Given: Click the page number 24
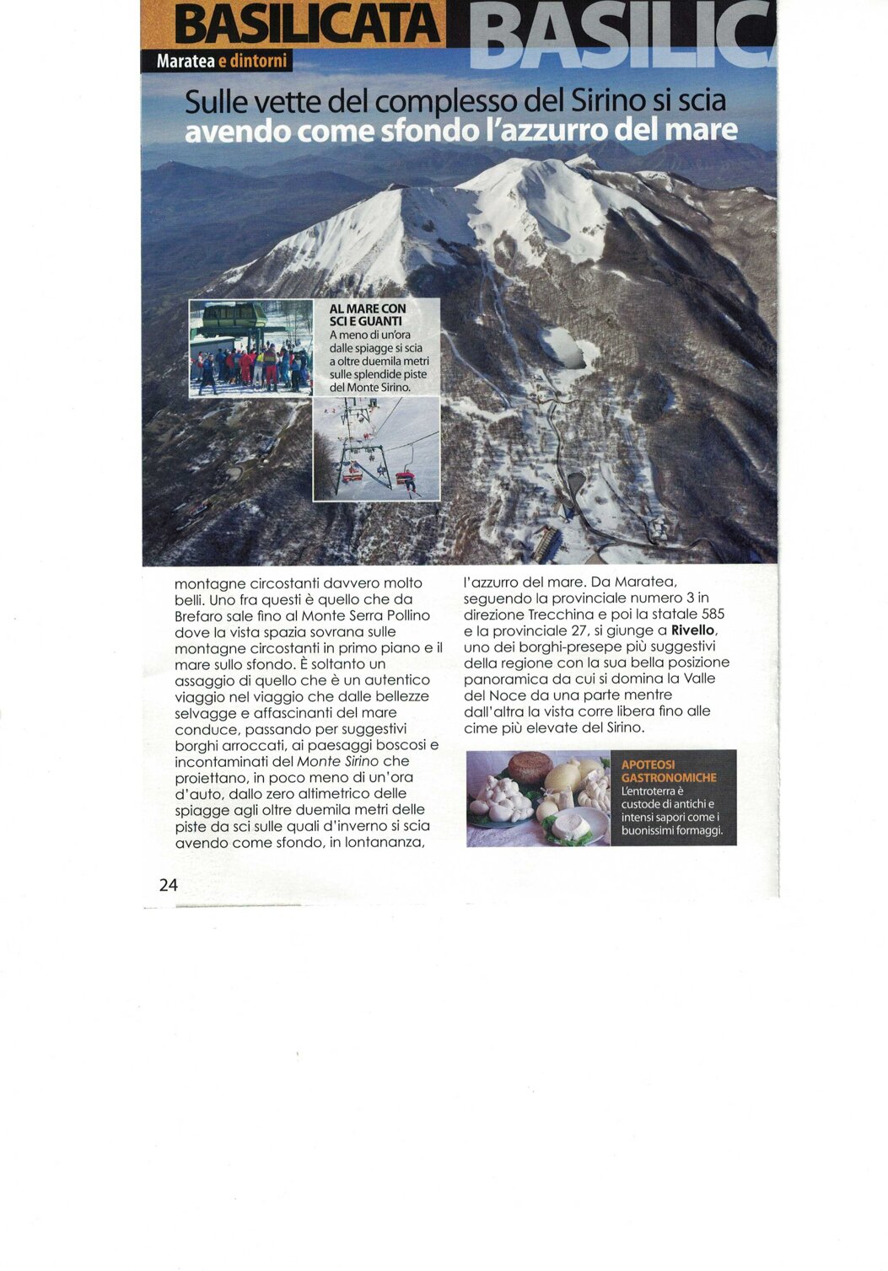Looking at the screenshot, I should coord(168,884).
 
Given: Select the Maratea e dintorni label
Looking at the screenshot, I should coord(222,62).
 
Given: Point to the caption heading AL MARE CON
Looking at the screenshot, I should coord(367,309).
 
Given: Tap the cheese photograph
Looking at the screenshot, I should coord(537,798).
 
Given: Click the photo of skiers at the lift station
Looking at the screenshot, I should coord(250,347).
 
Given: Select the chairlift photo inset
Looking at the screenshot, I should coord(376,448).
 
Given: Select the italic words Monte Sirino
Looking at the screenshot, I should coord(337,761).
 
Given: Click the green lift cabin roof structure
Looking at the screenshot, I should coord(234,314).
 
